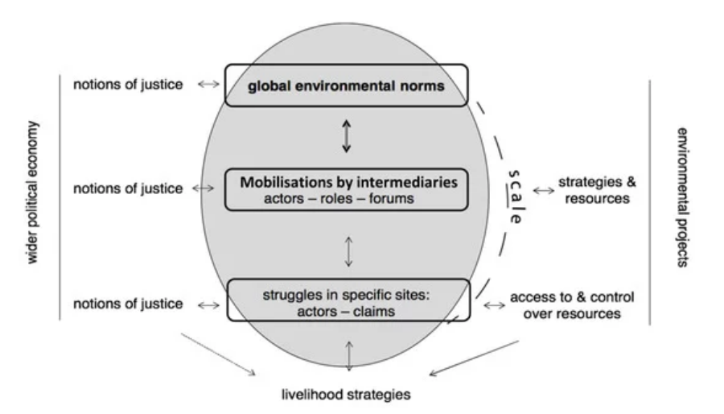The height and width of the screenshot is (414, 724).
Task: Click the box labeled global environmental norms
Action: click(346, 85)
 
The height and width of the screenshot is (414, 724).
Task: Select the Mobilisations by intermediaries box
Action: click(346, 189)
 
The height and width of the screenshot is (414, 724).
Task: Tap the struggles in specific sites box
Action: click(348, 300)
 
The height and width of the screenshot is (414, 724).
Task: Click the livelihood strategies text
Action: click(348, 395)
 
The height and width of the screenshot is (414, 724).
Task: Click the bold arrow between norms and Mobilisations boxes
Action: click(346, 135)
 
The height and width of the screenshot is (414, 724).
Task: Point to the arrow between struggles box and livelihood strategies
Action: click(348, 356)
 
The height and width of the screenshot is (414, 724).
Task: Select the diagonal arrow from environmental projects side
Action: click(475, 358)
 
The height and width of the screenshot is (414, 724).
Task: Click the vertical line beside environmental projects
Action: click(649, 201)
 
